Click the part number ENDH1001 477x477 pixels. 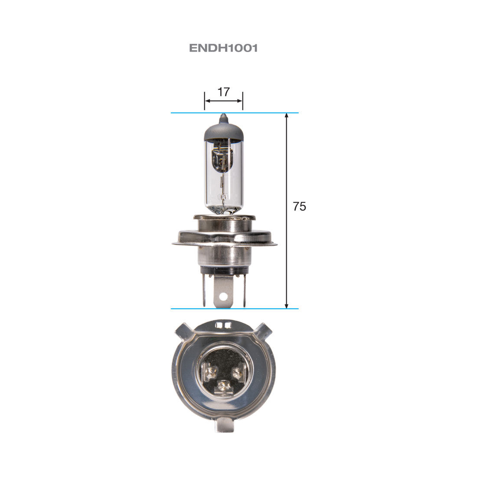coord(223,48)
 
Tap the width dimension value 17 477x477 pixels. coord(223,92)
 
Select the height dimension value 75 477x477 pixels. coord(299,207)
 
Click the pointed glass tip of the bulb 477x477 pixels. coord(223,118)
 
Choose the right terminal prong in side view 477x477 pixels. coord(244,291)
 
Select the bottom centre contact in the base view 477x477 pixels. coord(223,385)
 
